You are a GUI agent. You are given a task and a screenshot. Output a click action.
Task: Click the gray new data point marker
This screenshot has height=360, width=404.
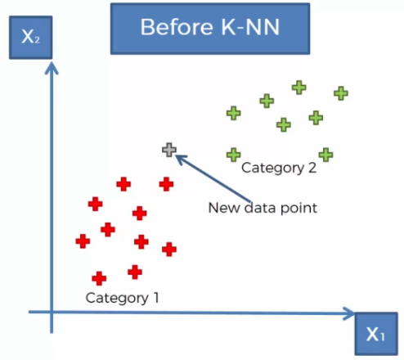[169, 150]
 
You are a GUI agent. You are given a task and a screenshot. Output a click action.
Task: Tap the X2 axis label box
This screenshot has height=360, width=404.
[31, 38]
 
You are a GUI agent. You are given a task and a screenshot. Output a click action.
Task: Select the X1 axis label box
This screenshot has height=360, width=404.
[376, 334]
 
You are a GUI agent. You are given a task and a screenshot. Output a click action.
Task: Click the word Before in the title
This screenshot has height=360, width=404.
[177, 27]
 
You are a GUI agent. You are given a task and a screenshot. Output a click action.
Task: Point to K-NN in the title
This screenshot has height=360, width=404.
[250, 27]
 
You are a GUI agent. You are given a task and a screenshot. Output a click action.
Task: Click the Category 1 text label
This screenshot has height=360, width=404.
[122, 298]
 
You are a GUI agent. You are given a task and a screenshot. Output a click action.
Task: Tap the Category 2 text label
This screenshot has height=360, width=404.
[279, 168]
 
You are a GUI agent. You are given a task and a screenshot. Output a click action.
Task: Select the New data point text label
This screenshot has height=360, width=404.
[263, 208]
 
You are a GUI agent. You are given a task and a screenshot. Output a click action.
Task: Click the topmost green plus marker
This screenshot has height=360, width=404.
[299, 88]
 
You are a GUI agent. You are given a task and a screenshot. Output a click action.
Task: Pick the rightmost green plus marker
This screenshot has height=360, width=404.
[341, 93]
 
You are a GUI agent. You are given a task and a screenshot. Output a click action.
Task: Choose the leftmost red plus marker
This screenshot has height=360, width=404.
[83, 241]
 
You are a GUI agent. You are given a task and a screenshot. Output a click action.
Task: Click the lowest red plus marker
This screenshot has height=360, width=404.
[99, 278]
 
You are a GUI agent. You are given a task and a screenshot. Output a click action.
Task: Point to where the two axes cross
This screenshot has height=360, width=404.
[52, 312]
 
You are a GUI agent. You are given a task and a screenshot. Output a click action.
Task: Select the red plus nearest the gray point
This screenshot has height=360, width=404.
[166, 184]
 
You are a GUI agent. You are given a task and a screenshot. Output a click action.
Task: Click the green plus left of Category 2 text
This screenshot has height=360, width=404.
[234, 155]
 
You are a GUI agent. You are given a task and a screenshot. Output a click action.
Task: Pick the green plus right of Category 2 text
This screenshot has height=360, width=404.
[326, 155]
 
